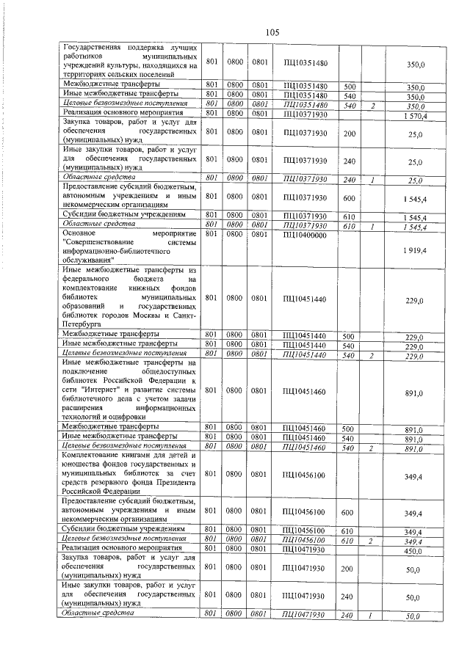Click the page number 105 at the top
(273, 32)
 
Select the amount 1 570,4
(415, 116)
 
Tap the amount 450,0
(415, 550)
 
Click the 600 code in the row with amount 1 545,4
(349, 197)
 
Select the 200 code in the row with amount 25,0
(349, 134)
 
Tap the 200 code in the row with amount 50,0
(349, 567)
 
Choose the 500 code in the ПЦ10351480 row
(349, 86)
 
